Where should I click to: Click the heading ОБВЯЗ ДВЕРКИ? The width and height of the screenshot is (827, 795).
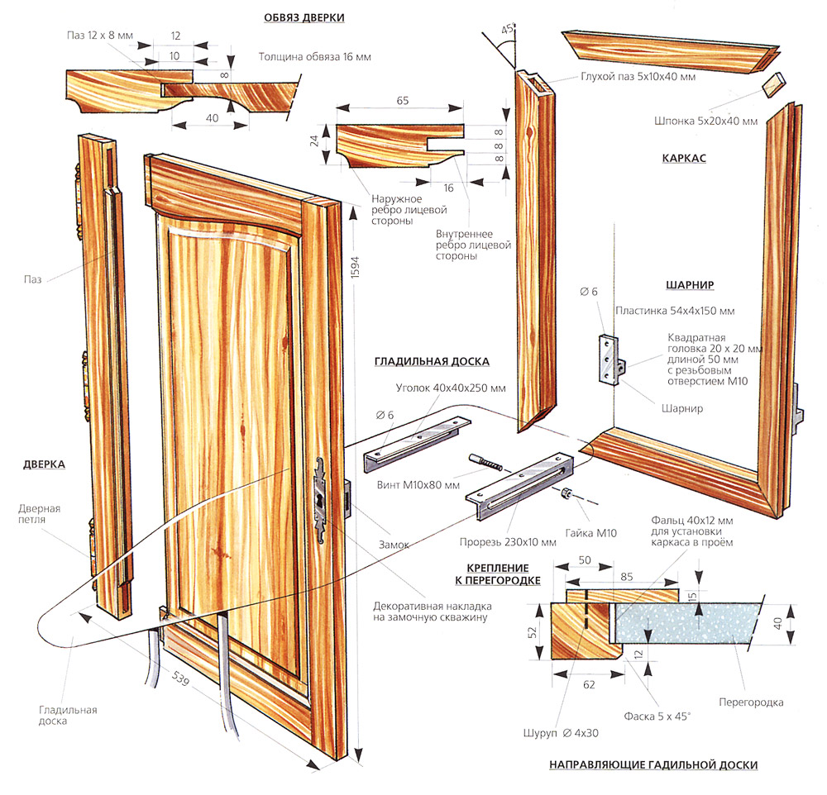[x=304, y=17]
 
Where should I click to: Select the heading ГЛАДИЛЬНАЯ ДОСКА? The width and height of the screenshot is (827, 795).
[x=432, y=361]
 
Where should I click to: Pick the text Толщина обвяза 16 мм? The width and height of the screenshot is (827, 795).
[x=306, y=59]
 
